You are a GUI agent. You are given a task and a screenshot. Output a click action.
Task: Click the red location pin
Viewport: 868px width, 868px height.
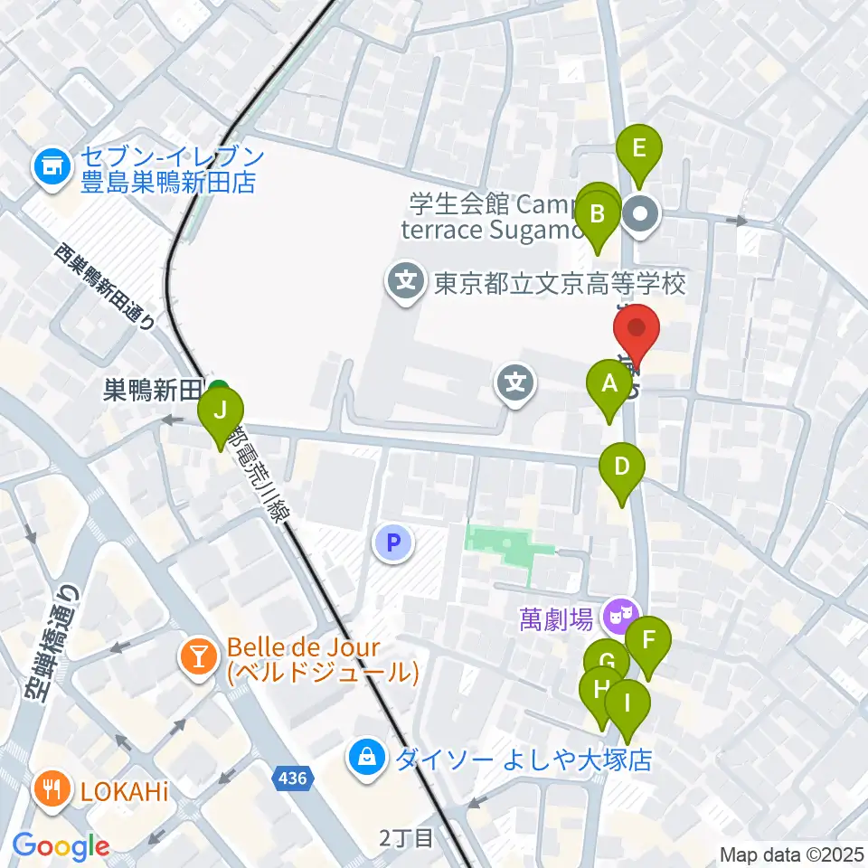pos(638,333)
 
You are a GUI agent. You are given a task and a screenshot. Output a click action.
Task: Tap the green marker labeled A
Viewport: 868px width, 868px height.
pos(609,386)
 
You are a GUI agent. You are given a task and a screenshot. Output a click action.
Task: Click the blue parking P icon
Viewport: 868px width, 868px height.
pos(392,542)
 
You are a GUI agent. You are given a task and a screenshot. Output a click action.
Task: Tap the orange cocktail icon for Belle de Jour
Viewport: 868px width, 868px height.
pos(198,656)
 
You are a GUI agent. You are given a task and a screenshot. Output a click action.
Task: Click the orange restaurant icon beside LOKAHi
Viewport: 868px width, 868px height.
pos(53,788)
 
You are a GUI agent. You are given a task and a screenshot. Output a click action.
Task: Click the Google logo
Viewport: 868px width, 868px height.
pos(61,846)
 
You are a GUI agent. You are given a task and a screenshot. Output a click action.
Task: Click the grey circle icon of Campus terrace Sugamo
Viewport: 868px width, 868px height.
pos(643,215)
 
